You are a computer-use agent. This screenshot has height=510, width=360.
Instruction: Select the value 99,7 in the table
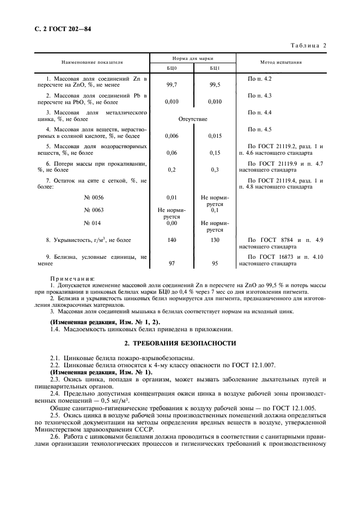[172, 85]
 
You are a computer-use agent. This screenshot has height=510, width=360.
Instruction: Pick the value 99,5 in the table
[215, 85]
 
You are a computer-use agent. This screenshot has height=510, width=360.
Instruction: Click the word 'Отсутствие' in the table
[193, 118]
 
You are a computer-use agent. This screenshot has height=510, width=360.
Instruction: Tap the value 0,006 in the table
[172, 136]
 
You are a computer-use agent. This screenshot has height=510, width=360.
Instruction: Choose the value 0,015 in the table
[215, 136]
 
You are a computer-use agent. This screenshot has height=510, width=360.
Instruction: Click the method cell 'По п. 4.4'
[259, 112]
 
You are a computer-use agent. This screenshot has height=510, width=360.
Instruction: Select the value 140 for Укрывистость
[172, 239]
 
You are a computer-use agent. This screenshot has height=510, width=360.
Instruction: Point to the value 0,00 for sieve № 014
[172, 222]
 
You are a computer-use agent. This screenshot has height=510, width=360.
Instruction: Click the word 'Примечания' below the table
[72, 278]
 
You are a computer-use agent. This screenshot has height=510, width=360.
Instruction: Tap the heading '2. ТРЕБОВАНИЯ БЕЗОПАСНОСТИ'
[180, 343]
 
